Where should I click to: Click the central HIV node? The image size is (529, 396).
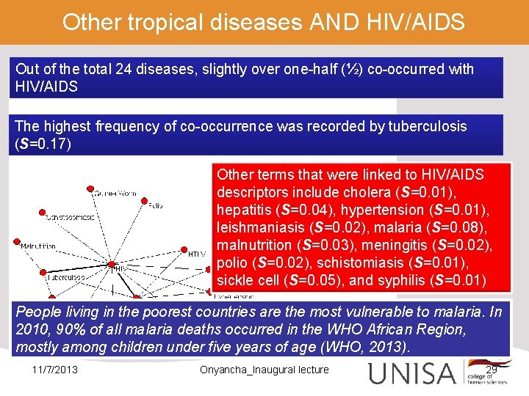point(111,263)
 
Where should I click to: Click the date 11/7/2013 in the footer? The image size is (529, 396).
point(55,369)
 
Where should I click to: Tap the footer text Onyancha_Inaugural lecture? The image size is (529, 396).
point(264,369)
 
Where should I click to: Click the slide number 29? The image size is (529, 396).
point(492,369)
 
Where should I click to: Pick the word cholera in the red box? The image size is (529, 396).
point(351,192)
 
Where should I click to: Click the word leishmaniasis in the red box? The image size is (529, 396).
point(258,227)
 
